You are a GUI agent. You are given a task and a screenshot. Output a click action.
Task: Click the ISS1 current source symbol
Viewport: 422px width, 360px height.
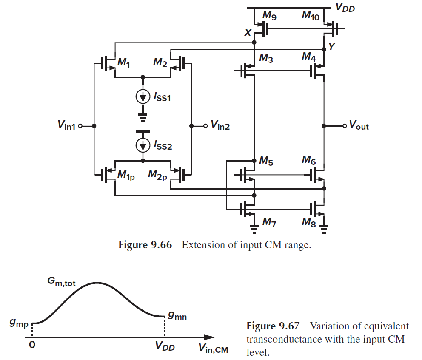click(143, 97)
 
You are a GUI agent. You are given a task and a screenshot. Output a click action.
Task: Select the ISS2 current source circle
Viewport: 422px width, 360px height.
click(143, 145)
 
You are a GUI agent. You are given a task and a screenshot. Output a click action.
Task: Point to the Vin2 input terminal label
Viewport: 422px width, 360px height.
click(220, 126)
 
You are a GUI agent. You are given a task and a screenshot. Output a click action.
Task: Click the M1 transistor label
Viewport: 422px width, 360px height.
click(124, 64)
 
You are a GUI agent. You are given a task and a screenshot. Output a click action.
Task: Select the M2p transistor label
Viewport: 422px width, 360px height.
click(158, 174)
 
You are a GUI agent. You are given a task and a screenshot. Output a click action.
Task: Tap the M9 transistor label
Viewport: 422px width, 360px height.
click(269, 16)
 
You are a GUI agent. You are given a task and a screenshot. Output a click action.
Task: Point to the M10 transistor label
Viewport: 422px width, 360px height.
click(311, 16)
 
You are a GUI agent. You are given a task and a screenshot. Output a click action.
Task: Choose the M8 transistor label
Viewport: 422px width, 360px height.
click(309, 222)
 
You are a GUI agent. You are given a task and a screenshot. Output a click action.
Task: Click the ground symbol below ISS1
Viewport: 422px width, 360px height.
click(143, 115)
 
